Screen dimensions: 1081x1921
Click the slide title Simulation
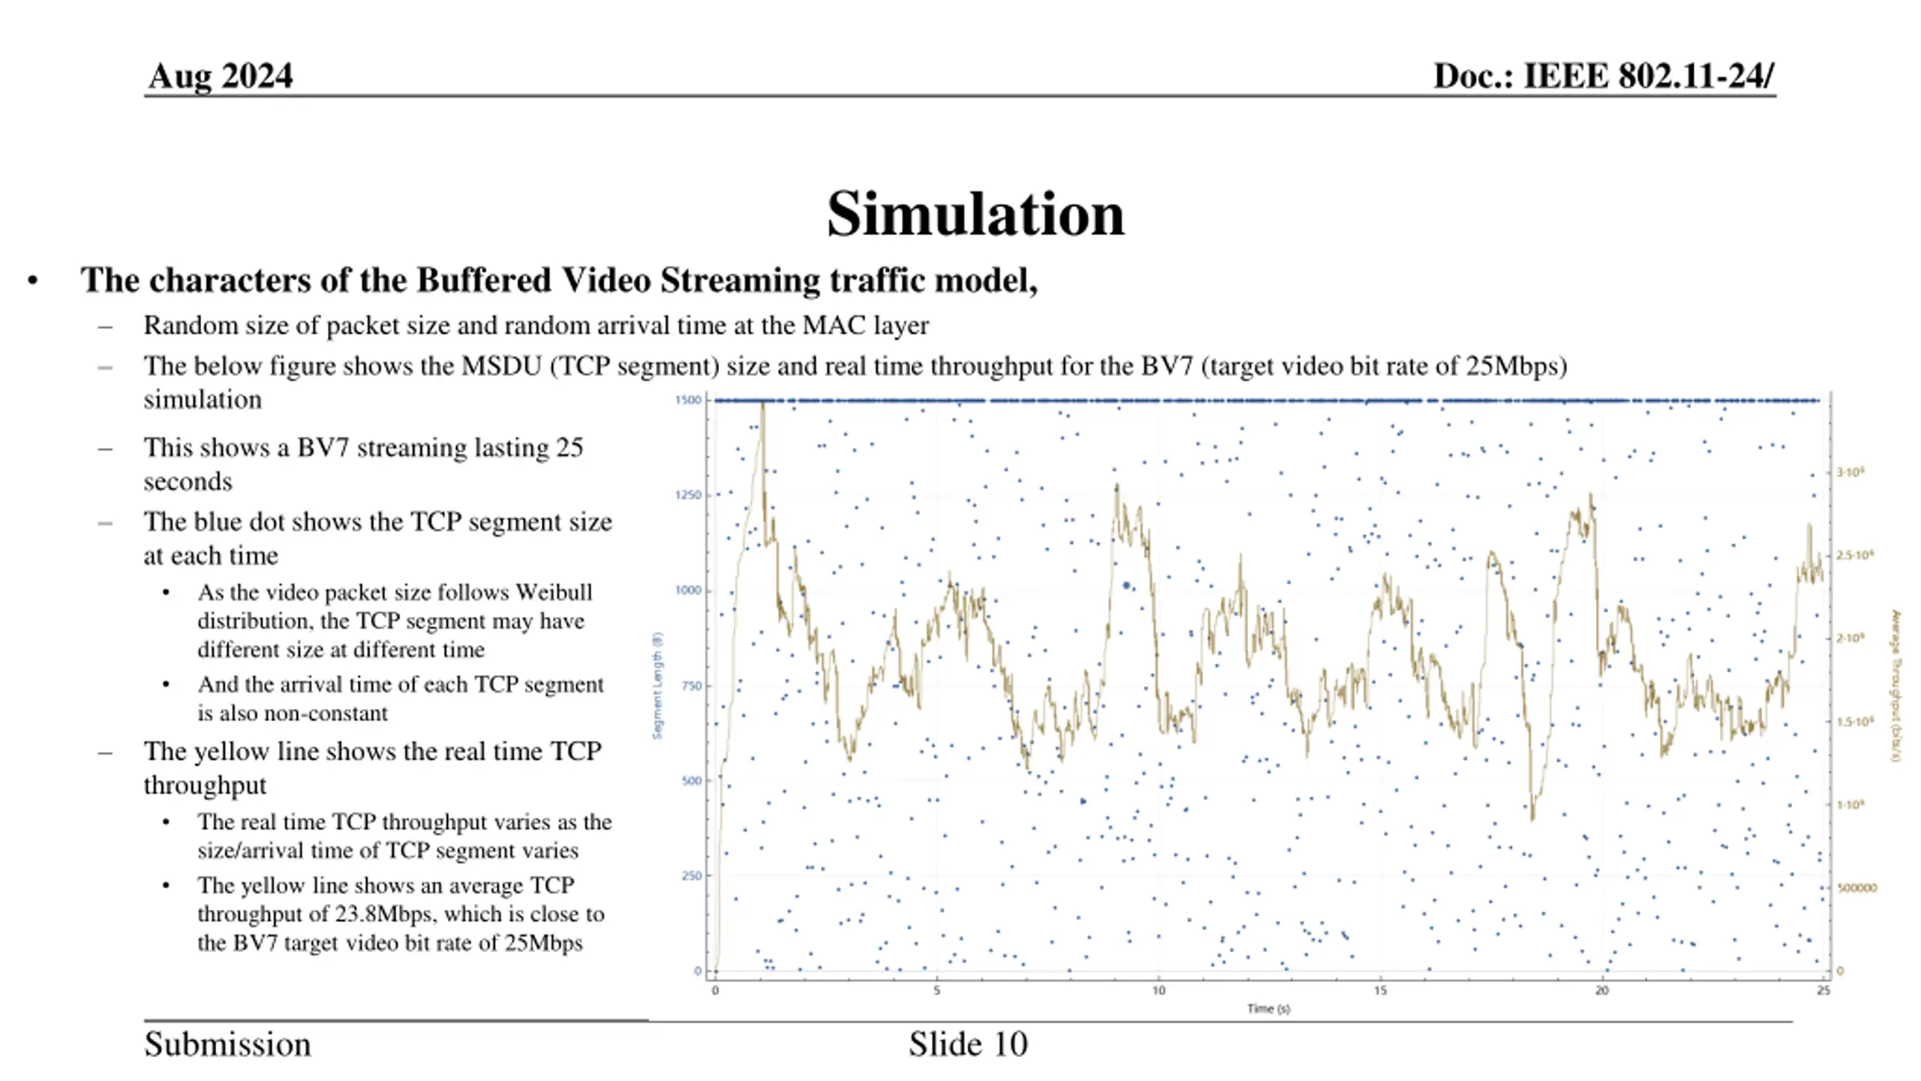(975, 215)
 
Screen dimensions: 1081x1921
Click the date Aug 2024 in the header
(220, 76)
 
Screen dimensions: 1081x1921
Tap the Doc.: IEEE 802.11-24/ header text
(1604, 76)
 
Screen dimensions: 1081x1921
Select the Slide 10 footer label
(968, 1044)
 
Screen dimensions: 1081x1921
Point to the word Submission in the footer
(227, 1044)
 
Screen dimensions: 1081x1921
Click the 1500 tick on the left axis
(688, 400)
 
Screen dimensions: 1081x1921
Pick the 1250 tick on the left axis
(688, 495)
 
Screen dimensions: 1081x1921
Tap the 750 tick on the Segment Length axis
(691, 685)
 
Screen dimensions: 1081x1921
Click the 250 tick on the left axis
(691, 875)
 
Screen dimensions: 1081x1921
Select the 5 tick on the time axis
(936, 991)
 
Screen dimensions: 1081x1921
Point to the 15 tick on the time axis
(1380, 991)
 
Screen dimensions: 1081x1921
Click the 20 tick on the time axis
(1602, 991)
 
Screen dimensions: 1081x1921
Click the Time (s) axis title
(1268, 1009)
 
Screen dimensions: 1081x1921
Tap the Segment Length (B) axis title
(658, 685)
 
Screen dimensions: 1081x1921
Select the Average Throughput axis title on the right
(1895, 685)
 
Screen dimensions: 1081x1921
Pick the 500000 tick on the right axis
(1856, 888)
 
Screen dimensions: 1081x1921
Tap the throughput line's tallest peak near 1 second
(762, 405)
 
